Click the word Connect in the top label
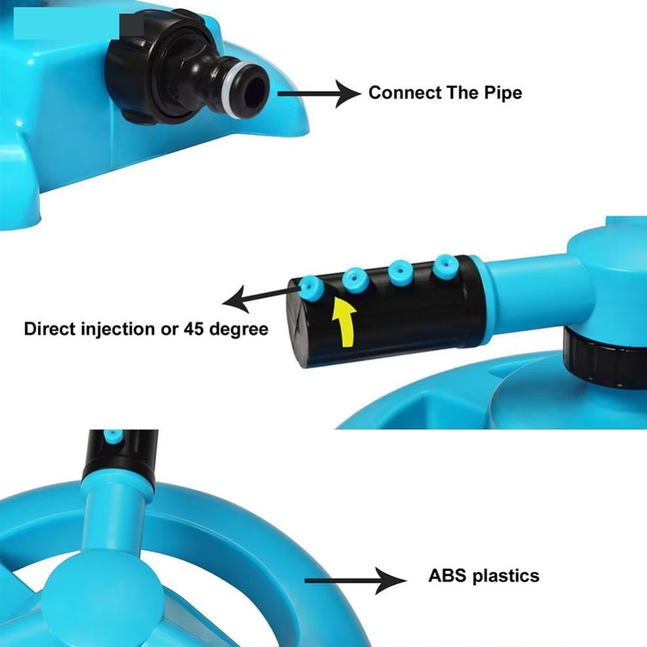[405, 93]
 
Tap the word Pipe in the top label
[503, 93]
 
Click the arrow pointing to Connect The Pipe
[319, 93]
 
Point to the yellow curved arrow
[344, 323]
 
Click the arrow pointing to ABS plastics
[355, 581]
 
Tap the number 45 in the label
[194, 329]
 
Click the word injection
[118, 330]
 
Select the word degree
[239, 330]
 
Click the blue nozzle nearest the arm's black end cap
[311, 287]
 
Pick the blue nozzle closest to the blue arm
[445, 266]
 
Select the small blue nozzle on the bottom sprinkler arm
[113, 436]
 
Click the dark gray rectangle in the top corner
[132, 25]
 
